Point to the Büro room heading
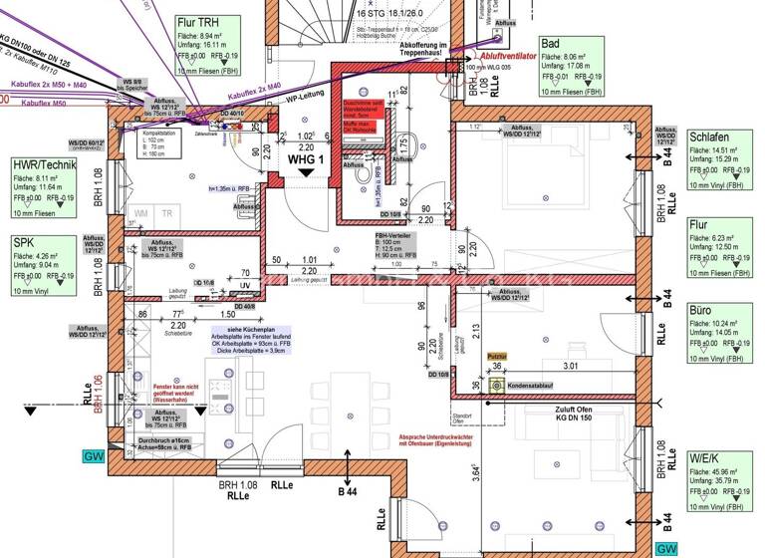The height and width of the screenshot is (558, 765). [x=700, y=311]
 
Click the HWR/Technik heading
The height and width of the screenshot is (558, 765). [x=44, y=164]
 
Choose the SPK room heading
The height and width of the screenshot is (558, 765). [x=24, y=242]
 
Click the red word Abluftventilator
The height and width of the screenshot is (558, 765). [x=508, y=58]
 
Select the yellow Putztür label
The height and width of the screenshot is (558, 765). [x=496, y=354]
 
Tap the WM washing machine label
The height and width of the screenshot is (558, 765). [x=141, y=213]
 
